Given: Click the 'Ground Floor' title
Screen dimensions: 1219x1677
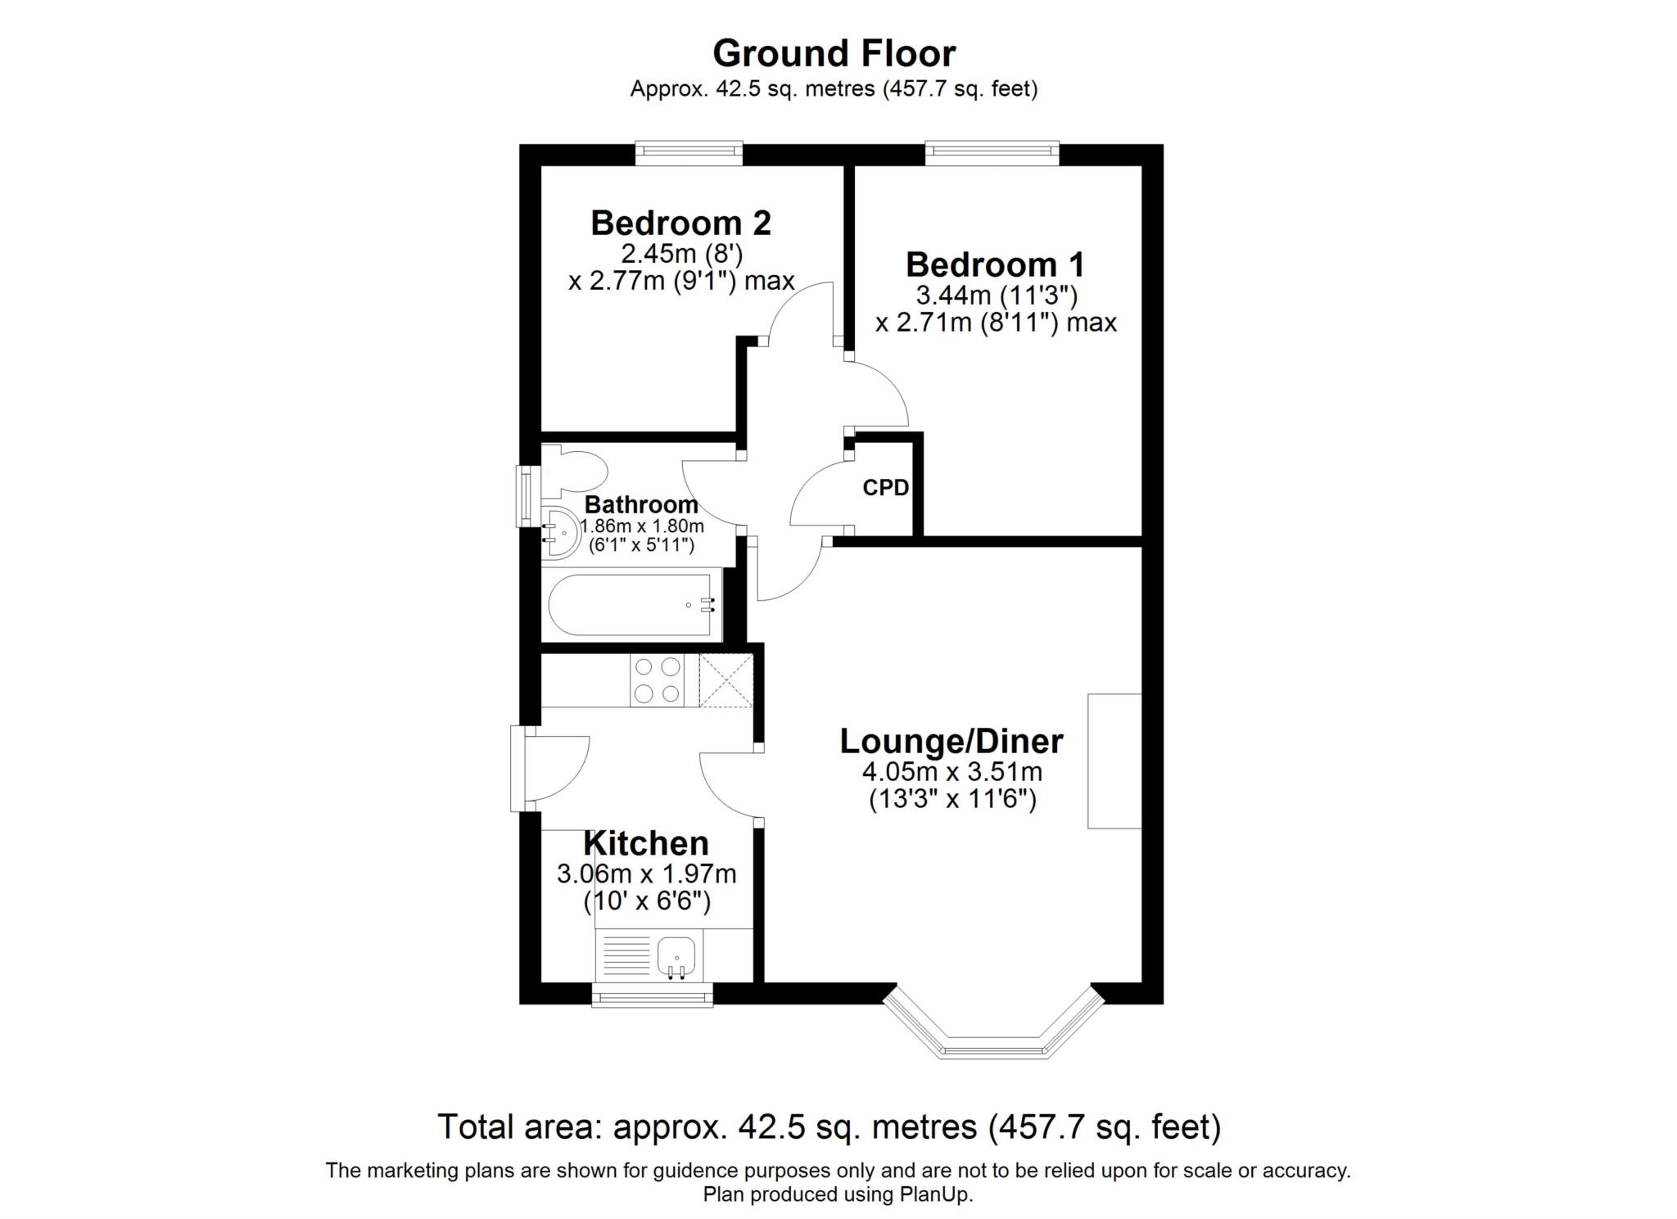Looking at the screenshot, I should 834,54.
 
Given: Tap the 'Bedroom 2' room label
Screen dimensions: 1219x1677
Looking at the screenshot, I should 680,223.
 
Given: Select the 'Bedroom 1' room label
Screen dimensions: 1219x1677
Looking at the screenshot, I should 995,264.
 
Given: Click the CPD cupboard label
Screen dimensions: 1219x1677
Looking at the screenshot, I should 885,488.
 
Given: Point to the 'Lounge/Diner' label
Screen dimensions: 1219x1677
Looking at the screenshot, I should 952,741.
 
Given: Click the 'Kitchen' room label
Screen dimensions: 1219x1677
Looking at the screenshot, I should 645,843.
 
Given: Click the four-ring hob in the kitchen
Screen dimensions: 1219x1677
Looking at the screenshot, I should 657,680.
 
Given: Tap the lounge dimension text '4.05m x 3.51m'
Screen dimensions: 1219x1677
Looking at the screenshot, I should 952,771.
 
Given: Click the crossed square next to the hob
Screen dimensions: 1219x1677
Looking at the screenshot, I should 726,680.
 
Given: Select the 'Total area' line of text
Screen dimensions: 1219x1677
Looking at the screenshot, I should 829,1126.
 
